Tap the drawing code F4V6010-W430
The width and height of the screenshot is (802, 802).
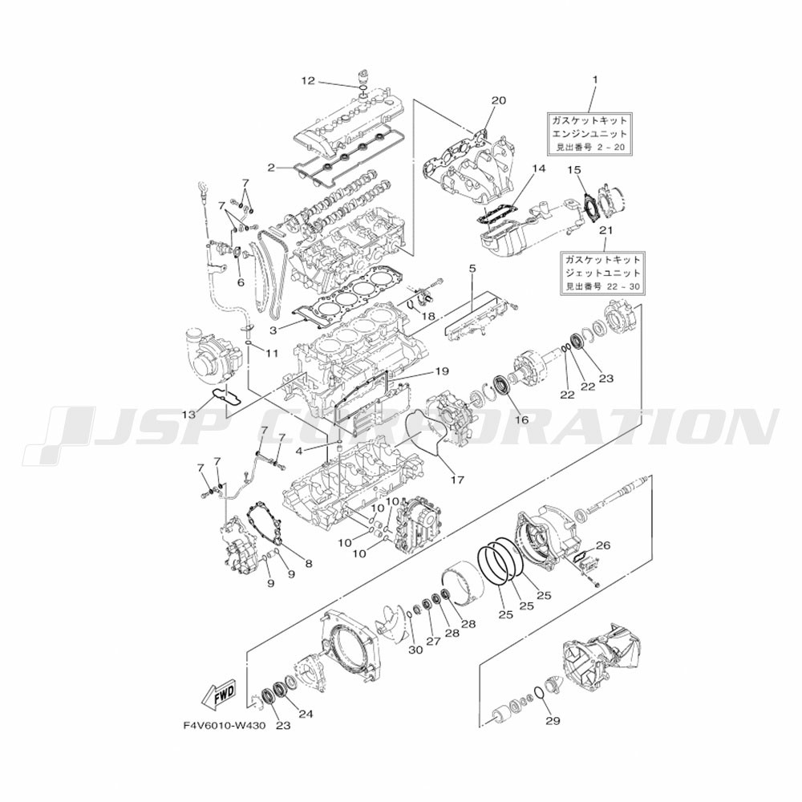pyautogui.click(x=225, y=727)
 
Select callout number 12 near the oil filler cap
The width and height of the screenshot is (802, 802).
pyautogui.click(x=308, y=81)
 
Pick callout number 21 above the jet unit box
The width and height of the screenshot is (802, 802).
pyautogui.click(x=606, y=230)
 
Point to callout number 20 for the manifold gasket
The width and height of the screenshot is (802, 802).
pyautogui.click(x=498, y=100)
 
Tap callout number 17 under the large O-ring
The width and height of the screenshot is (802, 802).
pyautogui.click(x=457, y=480)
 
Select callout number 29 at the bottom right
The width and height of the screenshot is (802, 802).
pyautogui.click(x=553, y=721)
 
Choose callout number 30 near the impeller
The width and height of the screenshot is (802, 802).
pyautogui.click(x=415, y=650)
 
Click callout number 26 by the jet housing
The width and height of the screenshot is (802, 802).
pyautogui.click(x=604, y=545)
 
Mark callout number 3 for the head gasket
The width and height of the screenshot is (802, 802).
pyautogui.click(x=273, y=331)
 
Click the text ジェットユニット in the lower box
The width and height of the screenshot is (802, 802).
pyautogui.click(x=601, y=273)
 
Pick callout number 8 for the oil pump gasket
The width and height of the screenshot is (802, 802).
pyautogui.click(x=309, y=564)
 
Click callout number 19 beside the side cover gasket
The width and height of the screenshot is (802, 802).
pyautogui.click(x=442, y=371)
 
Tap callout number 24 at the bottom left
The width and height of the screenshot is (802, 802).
pyautogui.click(x=306, y=714)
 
